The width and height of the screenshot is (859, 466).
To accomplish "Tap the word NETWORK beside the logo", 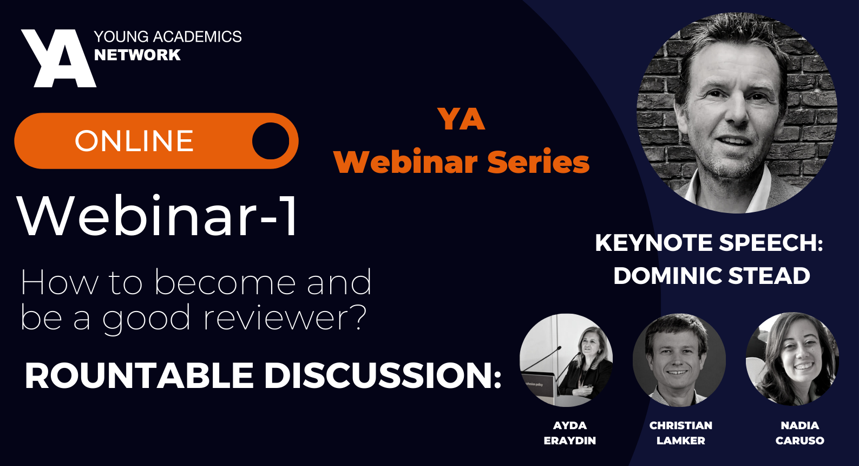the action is point(137,55).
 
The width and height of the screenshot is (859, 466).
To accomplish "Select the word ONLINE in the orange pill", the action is point(134,141).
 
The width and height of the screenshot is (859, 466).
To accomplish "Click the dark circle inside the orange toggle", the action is point(271,141).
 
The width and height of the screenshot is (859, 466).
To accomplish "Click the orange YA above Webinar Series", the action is point(461,119).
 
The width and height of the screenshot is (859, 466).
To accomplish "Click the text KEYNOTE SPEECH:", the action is point(709,243).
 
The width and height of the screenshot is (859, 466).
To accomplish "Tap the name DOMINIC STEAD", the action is point(711,276).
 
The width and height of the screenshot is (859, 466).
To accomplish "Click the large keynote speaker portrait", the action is point(737,113).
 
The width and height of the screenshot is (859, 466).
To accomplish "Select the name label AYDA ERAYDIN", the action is point(570,433).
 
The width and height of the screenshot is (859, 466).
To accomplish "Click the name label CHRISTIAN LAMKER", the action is point(681,433).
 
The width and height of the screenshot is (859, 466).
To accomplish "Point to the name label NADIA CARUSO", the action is point(799,433).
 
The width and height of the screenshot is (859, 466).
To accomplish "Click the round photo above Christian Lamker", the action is point(679,360).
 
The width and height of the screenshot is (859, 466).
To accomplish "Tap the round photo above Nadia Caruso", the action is point(792,359).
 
